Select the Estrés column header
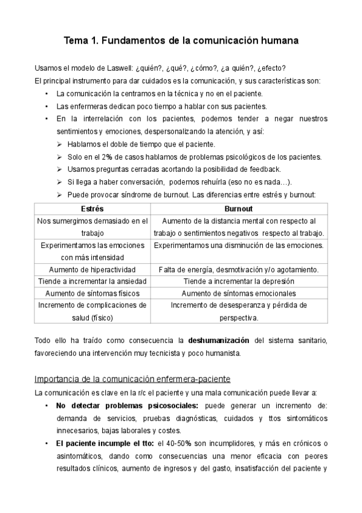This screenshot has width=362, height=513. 91,208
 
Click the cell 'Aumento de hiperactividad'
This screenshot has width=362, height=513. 91,269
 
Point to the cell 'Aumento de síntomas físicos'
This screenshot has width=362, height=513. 91,293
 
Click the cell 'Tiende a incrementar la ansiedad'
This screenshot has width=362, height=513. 91,281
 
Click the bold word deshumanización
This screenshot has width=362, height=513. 218,340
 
